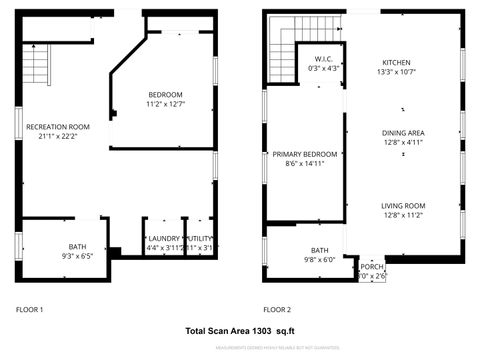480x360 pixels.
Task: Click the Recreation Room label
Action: click(58, 127)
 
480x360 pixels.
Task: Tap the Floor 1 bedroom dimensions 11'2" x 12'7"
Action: click(165, 104)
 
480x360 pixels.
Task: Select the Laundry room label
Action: click(163, 238)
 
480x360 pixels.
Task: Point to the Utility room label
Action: click(200, 238)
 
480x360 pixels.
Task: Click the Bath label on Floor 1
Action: click(78, 247)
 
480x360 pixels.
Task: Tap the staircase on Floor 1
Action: click(35, 65)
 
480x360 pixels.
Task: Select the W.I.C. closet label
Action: click(322, 59)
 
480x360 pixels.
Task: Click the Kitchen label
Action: click(395, 62)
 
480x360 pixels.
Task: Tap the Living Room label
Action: click(403, 206)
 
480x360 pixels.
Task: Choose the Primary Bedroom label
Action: click(305, 154)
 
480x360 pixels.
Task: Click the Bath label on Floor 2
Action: click(320, 250)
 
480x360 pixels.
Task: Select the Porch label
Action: click(371, 267)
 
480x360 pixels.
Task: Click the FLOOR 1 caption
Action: click(29, 310)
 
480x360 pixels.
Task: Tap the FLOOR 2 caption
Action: click(277, 310)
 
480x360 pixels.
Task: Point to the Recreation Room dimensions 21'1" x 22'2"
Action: click(58, 136)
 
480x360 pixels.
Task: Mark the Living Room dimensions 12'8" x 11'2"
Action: click(403, 215)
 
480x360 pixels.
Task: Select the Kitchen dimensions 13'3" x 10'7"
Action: click(395, 72)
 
